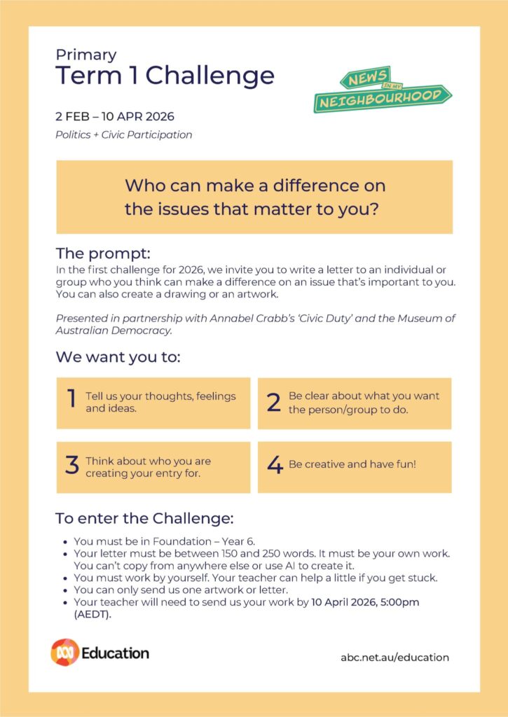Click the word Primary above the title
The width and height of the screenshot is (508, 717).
click(86, 55)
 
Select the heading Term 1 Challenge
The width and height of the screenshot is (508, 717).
click(165, 76)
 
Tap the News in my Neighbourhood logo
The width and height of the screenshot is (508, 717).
click(381, 90)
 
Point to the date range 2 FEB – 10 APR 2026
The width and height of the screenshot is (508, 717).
click(115, 116)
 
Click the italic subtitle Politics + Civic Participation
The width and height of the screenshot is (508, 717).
click(123, 134)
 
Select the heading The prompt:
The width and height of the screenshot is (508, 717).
click(103, 253)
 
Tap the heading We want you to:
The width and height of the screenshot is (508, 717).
click(118, 357)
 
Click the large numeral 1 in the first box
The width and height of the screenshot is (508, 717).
click(71, 398)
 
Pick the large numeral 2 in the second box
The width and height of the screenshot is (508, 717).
click(273, 403)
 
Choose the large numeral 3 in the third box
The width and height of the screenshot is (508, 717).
click(71, 466)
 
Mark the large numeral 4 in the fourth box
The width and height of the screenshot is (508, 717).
click(275, 465)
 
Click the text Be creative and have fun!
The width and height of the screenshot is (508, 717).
click(352, 464)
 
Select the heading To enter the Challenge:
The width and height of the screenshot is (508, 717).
click(144, 519)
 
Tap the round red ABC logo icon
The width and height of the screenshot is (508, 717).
click(64, 652)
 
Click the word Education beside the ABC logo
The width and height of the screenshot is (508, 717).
click(115, 653)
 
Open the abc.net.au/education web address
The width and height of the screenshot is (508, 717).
click(394, 657)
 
